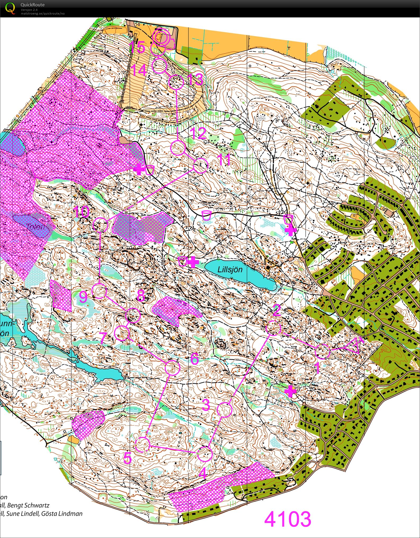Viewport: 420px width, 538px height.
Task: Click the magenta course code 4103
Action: (288, 519)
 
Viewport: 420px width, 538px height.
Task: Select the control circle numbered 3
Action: (224, 410)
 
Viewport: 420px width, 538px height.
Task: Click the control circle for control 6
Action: (173, 368)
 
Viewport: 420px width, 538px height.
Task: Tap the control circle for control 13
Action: (176, 82)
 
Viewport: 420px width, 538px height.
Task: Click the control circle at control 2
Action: (273, 328)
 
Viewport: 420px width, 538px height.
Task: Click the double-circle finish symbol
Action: (161, 37)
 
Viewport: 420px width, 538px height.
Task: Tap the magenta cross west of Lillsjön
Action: (193, 262)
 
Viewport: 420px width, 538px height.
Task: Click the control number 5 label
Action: (127, 458)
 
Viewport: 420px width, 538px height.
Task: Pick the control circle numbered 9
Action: (99, 291)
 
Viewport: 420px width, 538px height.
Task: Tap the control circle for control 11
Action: (200, 166)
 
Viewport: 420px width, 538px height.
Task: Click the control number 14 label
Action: (138, 70)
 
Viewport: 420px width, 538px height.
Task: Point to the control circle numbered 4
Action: (205, 454)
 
